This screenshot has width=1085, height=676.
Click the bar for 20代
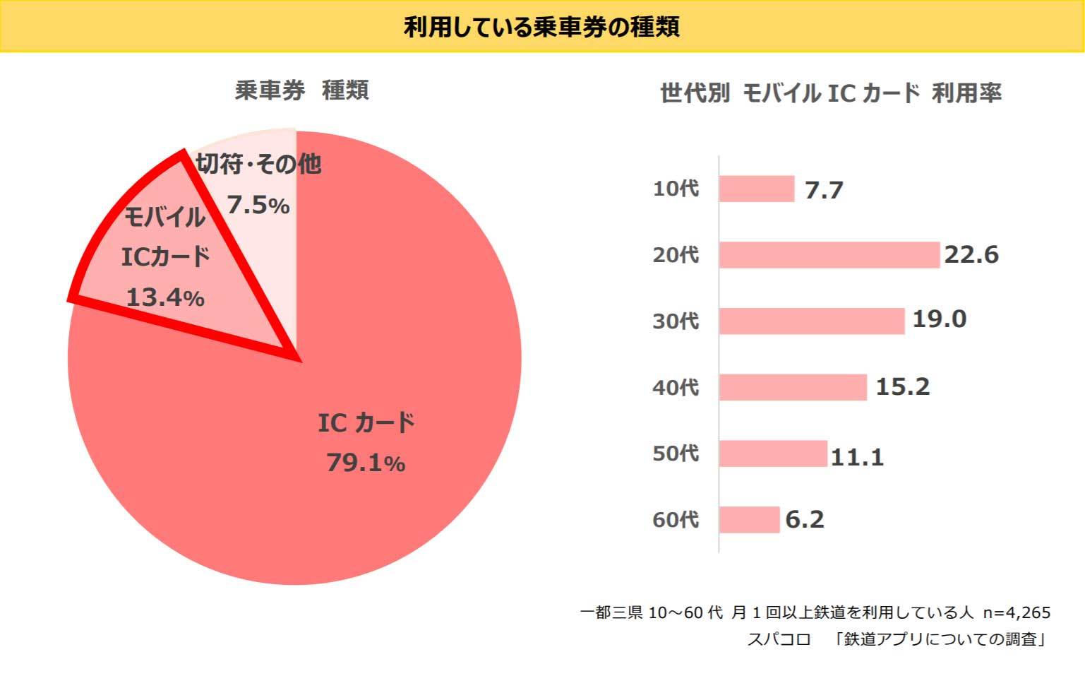click(x=829, y=255)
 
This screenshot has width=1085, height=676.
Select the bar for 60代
click(x=749, y=520)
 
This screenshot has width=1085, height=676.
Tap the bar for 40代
click(x=793, y=387)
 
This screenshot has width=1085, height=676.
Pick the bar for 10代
click(x=757, y=189)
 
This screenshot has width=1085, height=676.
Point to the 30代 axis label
click(x=676, y=321)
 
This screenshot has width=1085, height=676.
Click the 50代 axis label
click(x=676, y=453)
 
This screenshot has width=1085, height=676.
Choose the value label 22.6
click(x=971, y=255)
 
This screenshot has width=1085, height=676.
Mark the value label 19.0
click(x=939, y=319)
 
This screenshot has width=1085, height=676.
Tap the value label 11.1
click(x=857, y=457)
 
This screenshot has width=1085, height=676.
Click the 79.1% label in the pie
click(x=366, y=463)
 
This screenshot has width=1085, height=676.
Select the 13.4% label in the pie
click(x=165, y=297)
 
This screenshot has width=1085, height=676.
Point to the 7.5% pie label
click(x=258, y=206)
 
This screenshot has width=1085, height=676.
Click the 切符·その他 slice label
click(x=258, y=164)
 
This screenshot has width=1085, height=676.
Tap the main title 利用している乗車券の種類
click(x=541, y=27)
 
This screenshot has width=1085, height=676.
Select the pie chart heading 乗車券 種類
click(x=301, y=90)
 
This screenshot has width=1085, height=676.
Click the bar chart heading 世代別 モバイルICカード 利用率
click(x=830, y=93)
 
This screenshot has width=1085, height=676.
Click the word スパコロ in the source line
click(x=779, y=639)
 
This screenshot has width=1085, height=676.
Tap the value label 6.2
click(x=805, y=520)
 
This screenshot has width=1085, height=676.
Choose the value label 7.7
click(x=824, y=190)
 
